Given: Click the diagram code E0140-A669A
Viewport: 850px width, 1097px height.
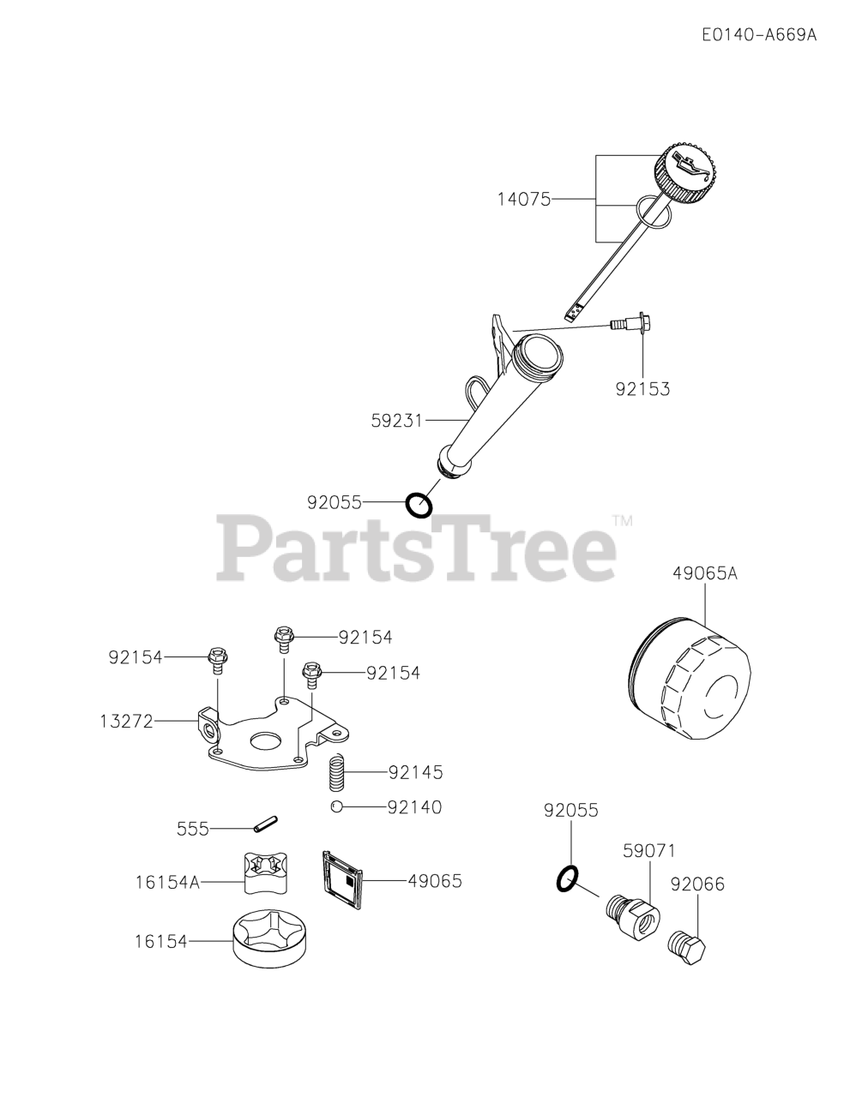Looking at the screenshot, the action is [x=758, y=35].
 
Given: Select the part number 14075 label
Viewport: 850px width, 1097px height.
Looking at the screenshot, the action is [x=523, y=199].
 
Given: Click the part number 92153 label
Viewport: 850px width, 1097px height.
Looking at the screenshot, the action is [x=642, y=389].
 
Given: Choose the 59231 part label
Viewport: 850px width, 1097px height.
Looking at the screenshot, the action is [x=396, y=421].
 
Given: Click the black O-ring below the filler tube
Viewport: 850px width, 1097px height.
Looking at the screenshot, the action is [x=419, y=505].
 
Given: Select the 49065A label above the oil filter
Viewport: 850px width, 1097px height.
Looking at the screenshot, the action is [x=704, y=573].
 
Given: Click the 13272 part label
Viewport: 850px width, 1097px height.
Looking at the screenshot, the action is [x=125, y=722].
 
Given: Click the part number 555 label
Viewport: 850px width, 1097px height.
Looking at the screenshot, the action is [x=193, y=829].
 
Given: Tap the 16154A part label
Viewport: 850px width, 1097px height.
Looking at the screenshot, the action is [x=166, y=881].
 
